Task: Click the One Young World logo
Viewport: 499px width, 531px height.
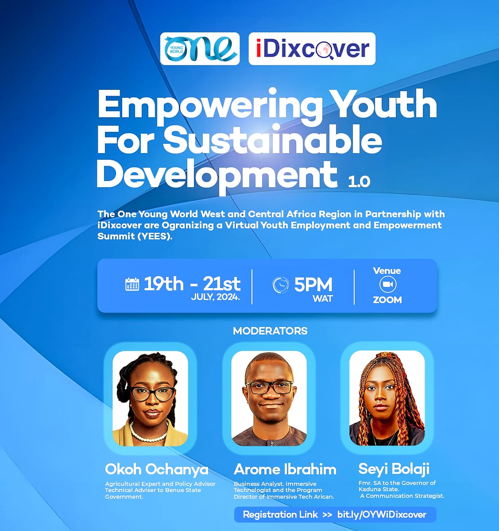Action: [200, 49]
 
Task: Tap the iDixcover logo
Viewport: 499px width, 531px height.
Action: [312, 49]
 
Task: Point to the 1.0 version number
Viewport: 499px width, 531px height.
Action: [359, 182]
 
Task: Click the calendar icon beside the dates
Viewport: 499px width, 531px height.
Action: [132, 284]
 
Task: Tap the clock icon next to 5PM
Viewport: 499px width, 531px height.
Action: [280, 285]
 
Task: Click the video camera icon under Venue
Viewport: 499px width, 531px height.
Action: [388, 284]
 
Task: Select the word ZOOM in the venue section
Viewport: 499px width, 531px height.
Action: [387, 300]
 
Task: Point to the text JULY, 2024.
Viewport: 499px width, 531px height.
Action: [215, 297]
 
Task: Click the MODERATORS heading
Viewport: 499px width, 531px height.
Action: [270, 331]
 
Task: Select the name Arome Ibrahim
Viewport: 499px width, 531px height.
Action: [285, 469]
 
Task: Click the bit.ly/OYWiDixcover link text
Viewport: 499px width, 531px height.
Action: [382, 515]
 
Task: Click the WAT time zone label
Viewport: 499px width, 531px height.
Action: [323, 298]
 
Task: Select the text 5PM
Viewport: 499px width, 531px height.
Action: [313, 285]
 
